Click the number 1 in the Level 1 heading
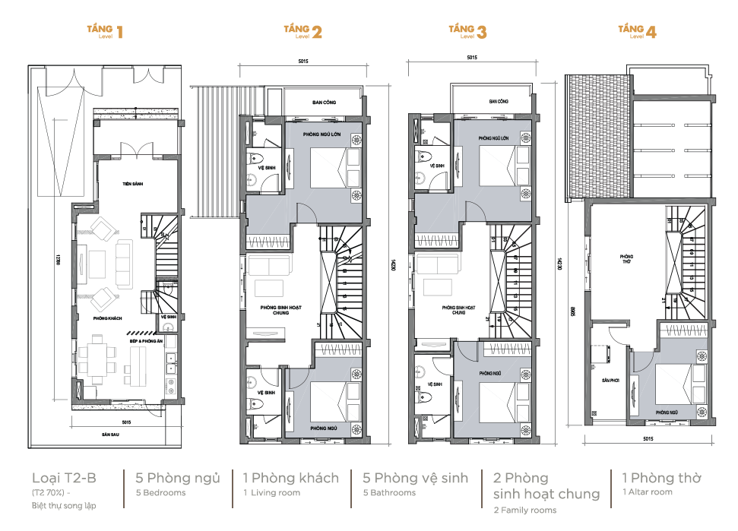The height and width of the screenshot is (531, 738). point(119,32)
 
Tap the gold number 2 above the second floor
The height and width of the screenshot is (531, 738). point(316,32)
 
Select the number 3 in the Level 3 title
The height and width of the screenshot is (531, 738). point(481,32)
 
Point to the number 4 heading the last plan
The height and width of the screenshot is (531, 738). point(651,32)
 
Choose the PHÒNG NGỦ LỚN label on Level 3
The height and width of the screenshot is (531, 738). point(493,138)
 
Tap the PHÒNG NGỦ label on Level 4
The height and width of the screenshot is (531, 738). point(667,412)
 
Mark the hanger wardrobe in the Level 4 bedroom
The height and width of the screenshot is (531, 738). point(683,329)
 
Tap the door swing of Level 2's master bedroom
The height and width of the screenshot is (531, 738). point(305,213)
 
